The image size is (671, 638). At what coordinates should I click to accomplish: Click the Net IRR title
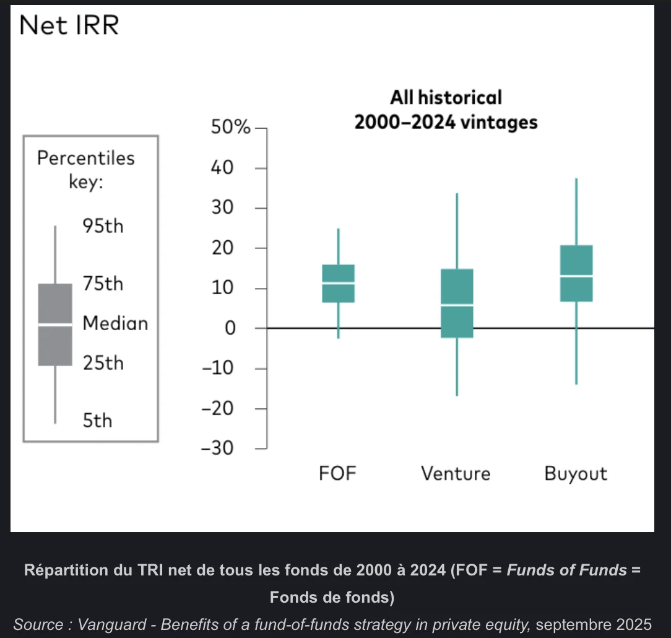(x=69, y=26)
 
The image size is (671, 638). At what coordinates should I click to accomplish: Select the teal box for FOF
(x=338, y=284)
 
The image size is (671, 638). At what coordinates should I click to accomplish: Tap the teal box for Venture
(x=457, y=304)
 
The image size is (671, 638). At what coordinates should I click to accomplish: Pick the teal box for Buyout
(x=576, y=273)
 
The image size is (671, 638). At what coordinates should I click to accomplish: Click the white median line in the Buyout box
(x=576, y=276)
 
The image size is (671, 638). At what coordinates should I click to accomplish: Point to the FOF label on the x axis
(x=338, y=474)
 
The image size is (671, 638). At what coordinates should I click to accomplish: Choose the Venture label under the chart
(x=456, y=474)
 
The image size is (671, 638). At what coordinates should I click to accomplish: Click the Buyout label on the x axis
(x=576, y=474)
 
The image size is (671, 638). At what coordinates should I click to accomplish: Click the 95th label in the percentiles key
(x=103, y=226)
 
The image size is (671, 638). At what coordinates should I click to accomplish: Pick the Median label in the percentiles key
(x=115, y=323)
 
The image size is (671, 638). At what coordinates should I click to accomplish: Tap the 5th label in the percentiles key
(x=98, y=421)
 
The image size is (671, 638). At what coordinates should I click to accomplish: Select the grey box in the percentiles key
(x=55, y=325)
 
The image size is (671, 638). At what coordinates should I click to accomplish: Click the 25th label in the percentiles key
(x=103, y=363)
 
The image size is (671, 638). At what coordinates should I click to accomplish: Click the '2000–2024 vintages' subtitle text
(x=446, y=122)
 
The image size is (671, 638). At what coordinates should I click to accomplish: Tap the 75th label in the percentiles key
(x=103, y=284)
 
